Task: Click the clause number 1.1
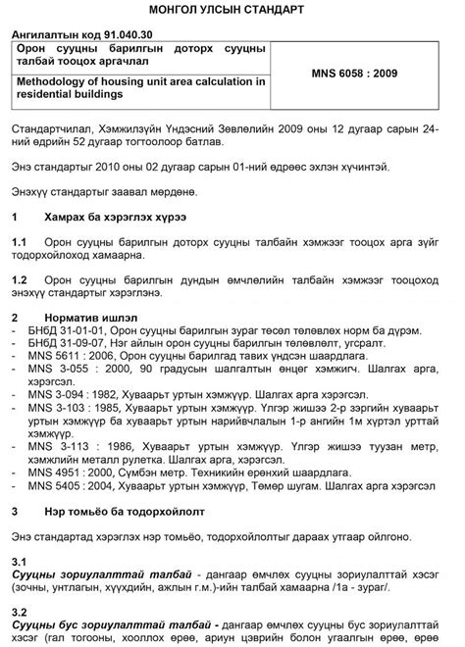[19, 239]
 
